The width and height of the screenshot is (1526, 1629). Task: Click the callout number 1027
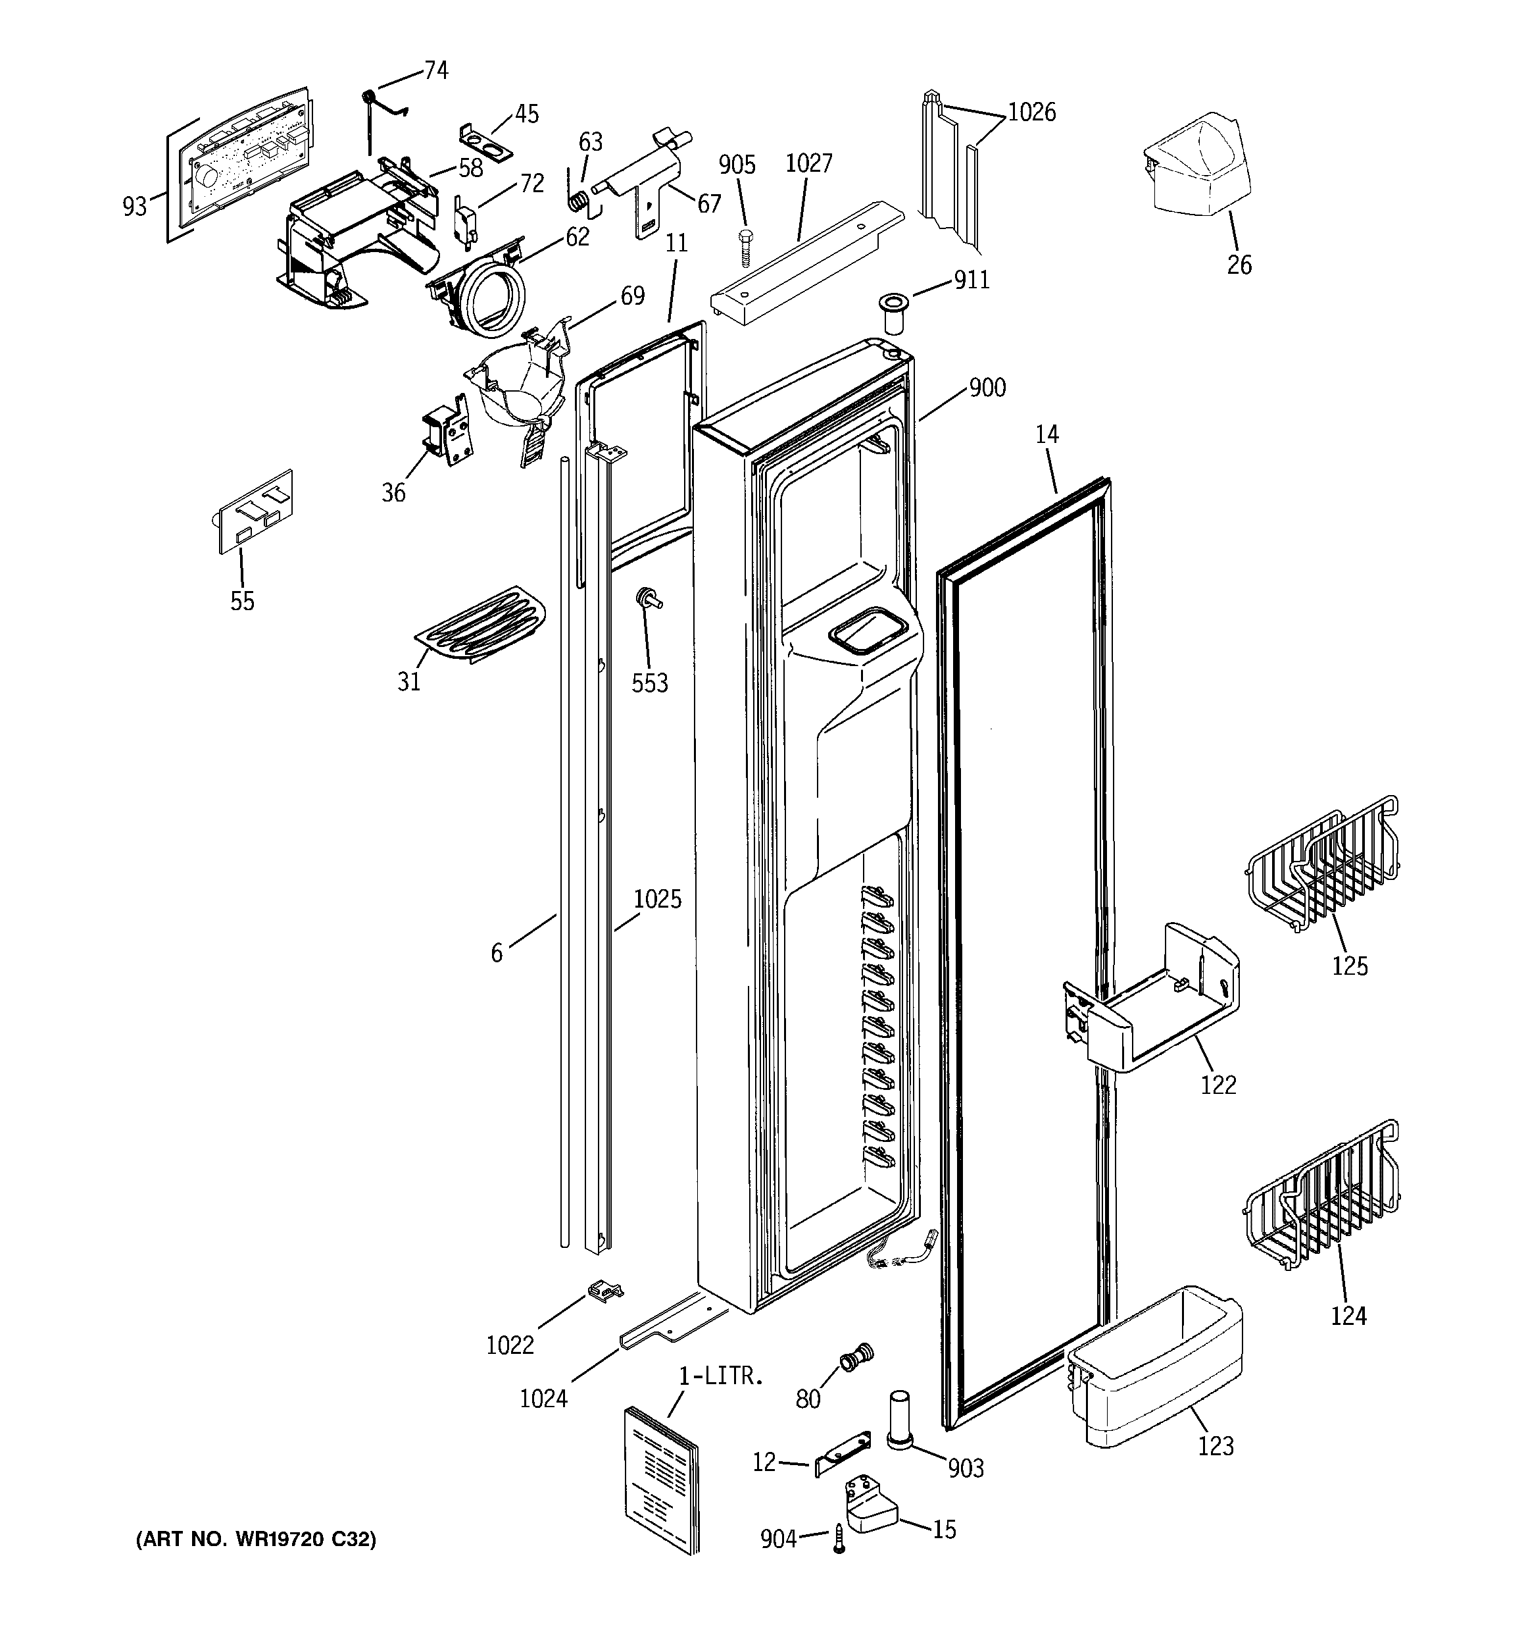tap(808, 163)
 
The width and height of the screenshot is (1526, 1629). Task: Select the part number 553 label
tap(650, 683)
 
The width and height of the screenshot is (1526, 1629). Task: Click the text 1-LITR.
tap(721, 1377)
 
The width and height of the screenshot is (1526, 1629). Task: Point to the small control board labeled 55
tap(253, 511)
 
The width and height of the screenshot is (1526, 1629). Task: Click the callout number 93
tap(134, 207)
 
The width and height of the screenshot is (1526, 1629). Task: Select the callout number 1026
tap(1031, 113)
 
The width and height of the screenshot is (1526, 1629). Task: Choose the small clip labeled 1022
tap(604, 1290)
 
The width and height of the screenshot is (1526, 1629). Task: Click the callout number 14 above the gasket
tap(1046, 434)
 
